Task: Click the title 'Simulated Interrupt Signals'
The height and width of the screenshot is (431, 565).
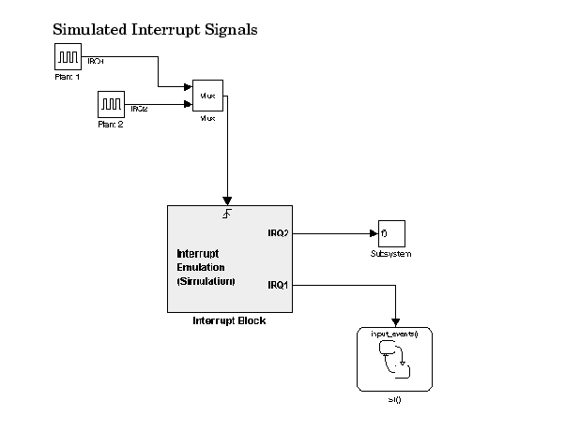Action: (x=155, y=30)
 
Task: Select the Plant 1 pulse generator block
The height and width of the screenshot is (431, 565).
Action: (x=68, y=58)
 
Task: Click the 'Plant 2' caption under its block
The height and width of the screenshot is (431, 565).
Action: (x=112, y=123)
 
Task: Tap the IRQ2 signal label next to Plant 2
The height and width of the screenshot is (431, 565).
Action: (x=139, y=109)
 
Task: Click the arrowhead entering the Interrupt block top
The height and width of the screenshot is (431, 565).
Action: (x=228, y=199)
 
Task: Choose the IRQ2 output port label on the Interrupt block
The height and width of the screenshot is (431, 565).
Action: (x=277, y=232)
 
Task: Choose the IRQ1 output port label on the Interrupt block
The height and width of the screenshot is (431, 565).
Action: (x=277, y=284)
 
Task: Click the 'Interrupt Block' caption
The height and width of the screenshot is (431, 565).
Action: (x=228, y=321)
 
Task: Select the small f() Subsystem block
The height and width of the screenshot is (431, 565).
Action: (x=389, y=233)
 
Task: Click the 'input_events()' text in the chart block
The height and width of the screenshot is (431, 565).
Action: (x=393, y=334)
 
